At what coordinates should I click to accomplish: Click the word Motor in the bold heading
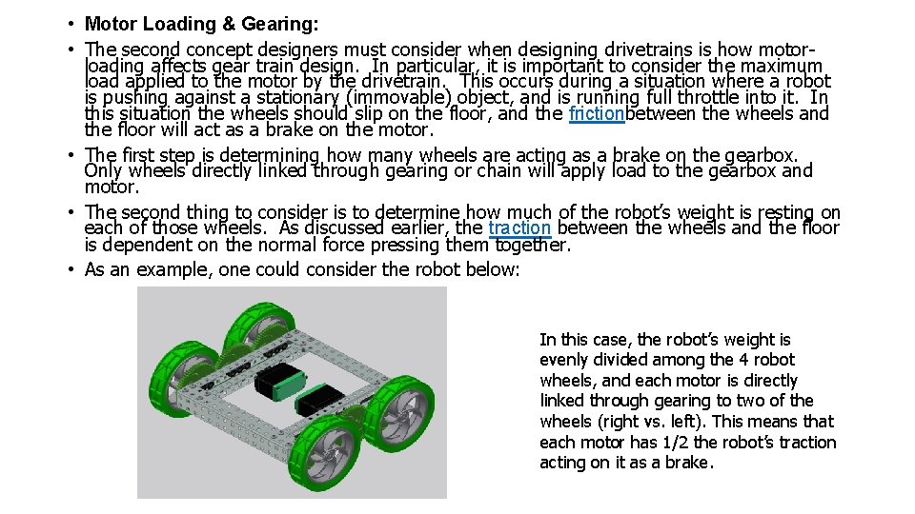[x=109, y=23]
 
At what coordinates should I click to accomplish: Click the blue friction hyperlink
[x=596, y=114]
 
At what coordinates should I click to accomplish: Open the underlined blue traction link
[x=519, y=228]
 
